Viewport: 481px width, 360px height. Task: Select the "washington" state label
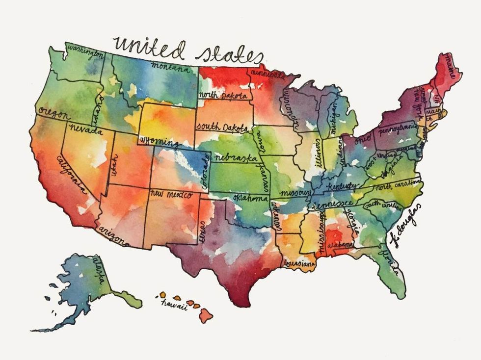coord(85,52)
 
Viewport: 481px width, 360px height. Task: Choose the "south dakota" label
coord(222,127)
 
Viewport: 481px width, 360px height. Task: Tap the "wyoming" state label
coord(159,142)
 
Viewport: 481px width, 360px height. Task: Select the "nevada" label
coord(85,130)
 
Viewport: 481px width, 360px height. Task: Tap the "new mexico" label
coord(170,194)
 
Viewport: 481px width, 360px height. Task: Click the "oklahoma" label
coord(251,199)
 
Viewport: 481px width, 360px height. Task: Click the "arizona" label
coord(114,236)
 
